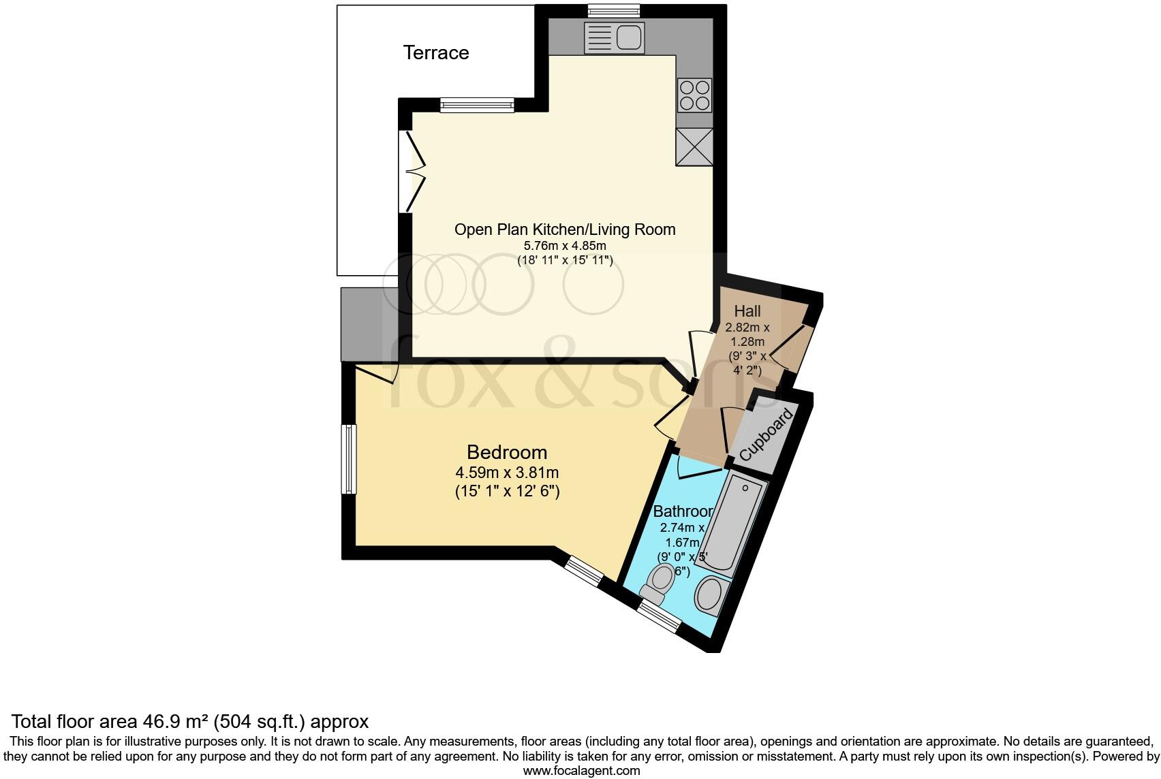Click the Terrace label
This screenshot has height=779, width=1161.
[436, 52]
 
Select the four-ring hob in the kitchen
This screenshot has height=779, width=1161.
[694, 95]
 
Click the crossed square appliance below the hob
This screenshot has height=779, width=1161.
[694, 147]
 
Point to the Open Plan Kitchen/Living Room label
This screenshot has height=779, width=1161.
[565, 229]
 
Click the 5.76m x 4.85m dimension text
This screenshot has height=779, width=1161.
[565, 246]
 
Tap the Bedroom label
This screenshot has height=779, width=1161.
[507, 451]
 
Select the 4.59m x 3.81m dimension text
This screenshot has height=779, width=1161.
[507, 472]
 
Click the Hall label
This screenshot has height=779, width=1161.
[747, 311]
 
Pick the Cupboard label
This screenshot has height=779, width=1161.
[767, 434]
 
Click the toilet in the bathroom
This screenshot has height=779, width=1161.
[659, 583]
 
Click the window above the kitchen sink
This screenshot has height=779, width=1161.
[614, 10]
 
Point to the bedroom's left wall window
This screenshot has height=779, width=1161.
[349, 459]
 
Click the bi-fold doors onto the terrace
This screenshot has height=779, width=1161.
[413, 171]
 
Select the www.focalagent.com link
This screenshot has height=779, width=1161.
[581, 771]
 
